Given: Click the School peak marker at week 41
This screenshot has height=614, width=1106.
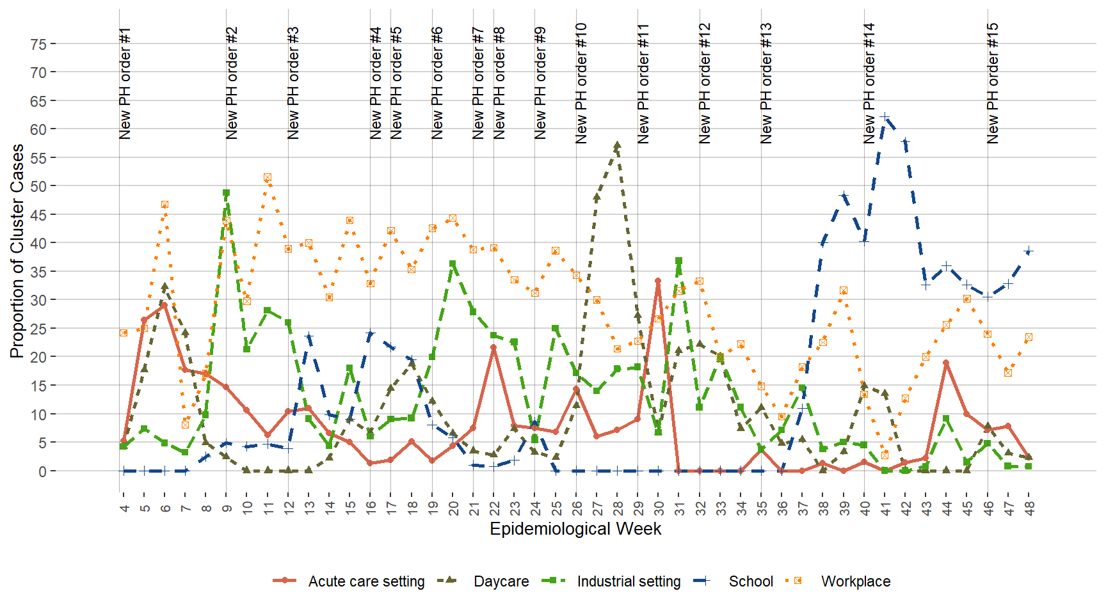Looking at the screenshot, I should (x=885, y=117).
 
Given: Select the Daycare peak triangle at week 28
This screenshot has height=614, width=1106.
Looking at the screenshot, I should (x=617, y=146).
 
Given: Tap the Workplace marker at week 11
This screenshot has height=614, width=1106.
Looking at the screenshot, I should (x=268, y=177).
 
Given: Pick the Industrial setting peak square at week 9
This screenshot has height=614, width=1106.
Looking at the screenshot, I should (x=226, y=193).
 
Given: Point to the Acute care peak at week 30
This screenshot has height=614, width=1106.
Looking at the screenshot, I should (x=658, y=281).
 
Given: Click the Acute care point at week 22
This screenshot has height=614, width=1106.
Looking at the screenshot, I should (x=493, y=348).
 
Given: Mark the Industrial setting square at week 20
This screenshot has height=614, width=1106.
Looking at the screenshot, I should (x=453, y=264).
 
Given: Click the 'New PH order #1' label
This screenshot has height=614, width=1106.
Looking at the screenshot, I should (x=125, y=83).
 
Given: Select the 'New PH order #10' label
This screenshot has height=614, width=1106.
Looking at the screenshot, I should (x=581, y=83).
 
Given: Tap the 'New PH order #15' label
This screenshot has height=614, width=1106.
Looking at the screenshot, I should (x=992, y=83).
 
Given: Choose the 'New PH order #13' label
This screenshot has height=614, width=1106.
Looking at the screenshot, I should (x=765, y=83).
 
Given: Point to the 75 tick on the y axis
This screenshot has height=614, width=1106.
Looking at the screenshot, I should (x=38, y=44).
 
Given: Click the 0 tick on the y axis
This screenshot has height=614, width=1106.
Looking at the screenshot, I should (x=42, y=471).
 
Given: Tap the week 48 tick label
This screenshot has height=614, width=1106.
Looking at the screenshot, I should (x=1029, y=508).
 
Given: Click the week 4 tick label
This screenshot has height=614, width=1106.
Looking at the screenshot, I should (x=124, y=508).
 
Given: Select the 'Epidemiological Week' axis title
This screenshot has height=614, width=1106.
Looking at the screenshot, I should (x=575, y=529).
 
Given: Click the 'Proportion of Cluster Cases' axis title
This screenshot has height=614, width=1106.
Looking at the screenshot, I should (x=17, y=251).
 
